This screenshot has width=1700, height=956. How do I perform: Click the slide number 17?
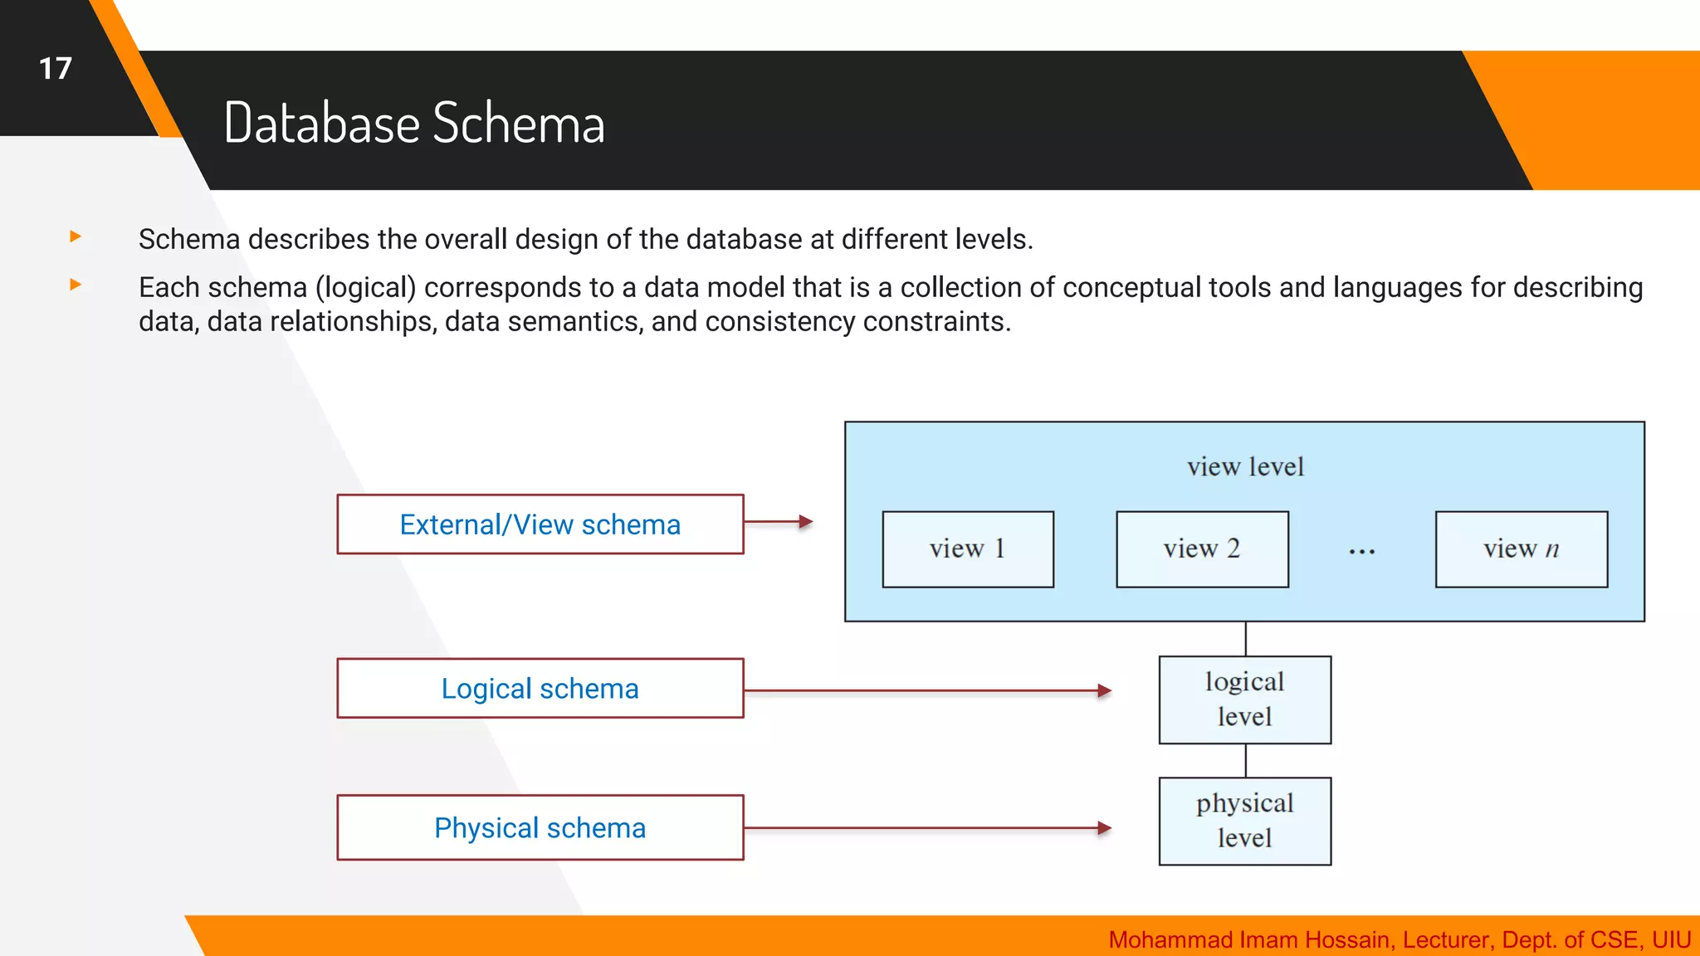click(56, 68)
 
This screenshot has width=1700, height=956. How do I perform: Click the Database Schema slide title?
click(414, 123)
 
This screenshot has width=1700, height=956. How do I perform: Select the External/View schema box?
click(540, 524)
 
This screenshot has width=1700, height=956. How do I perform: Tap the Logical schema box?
click(540, 689)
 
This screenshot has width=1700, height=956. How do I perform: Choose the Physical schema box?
click(540, 828)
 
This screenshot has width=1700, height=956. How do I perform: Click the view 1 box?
click(968, 549)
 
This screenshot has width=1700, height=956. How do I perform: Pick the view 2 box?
click(1202, 549)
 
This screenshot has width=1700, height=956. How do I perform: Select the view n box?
click(1521, 549)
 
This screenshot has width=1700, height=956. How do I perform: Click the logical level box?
click(1244, 700)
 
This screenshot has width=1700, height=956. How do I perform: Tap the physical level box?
click(1244, 821)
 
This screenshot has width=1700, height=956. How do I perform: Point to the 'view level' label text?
click(1245, 467)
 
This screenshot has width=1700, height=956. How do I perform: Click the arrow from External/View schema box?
click(778, 522)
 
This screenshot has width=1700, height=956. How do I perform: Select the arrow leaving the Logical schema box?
click(927, 690)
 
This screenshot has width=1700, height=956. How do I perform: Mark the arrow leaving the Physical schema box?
click(927, 828)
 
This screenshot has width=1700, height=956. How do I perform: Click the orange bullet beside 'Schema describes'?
click(76, 237)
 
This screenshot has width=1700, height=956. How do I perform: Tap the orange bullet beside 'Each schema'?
click(76, 285)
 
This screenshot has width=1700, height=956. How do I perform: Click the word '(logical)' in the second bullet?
click(365, 288)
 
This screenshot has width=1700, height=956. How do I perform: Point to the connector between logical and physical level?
click(1245, 760)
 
